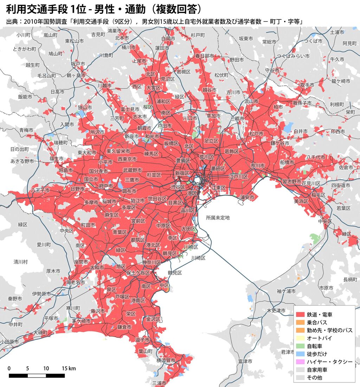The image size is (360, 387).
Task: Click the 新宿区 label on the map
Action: click(x=182, y=173)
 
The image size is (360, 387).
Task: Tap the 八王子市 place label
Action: click(x=40, y=190)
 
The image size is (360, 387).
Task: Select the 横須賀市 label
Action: click(x=166, y=361)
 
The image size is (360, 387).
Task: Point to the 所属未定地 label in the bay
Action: click(x=218, y=218)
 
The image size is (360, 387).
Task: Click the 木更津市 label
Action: click(x=276, y=311)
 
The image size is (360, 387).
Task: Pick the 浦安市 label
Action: click(x=247, y=197)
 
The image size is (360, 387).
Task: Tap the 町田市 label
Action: click(x=88, y=225)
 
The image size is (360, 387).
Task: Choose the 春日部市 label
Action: click(x=205, y=56)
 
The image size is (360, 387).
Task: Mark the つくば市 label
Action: click(x=313, y=41)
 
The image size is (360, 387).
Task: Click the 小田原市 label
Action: click(x=9, y=341)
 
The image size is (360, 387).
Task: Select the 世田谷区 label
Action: click(x=157, y=198)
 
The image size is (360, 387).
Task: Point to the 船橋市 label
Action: click(x=287, y=162)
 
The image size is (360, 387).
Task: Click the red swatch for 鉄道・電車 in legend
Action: click(x=300, y=314)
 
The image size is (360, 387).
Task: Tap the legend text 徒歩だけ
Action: click(x=317, y=354)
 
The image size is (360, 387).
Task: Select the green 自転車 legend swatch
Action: click(x=300, y=346)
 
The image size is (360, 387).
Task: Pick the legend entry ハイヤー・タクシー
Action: click(x=329, y=362)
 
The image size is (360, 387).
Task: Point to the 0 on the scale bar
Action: click(x=9, y=369)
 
